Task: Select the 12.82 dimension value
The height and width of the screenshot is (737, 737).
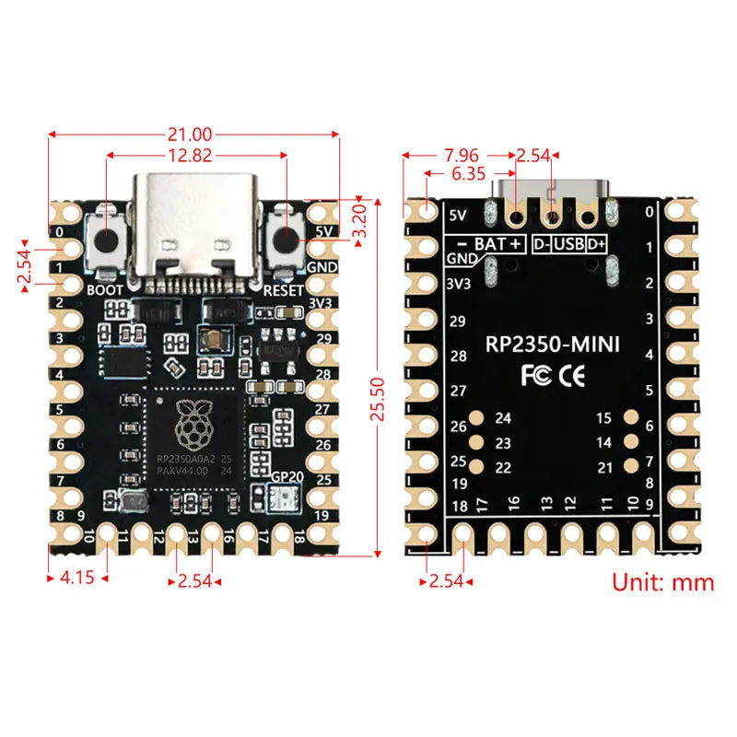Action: click(194, 156)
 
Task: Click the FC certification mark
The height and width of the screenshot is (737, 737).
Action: click(536, 376)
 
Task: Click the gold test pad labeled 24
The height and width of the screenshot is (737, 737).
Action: click(477, 418)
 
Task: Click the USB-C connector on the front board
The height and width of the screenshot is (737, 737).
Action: click(194, 226)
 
